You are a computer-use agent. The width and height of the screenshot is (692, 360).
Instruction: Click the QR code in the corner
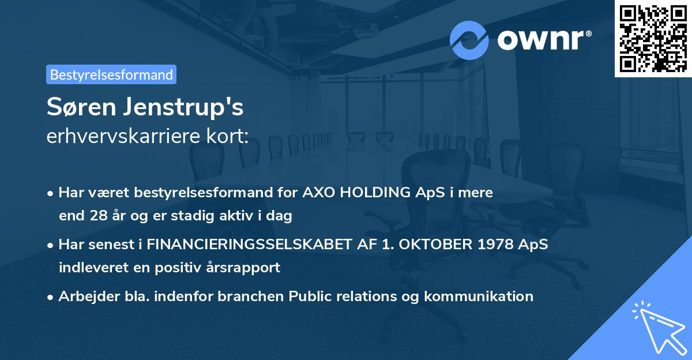(x=653, y=39)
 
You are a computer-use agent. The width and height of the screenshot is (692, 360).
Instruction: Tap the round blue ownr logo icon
(x=469, y=40)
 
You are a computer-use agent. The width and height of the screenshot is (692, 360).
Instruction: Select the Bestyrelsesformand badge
(x=111, y=74)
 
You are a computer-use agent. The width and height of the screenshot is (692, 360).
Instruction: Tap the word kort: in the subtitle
(x=228, y=136)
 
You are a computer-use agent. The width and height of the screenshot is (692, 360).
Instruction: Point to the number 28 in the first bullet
(x=95, y=216)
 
